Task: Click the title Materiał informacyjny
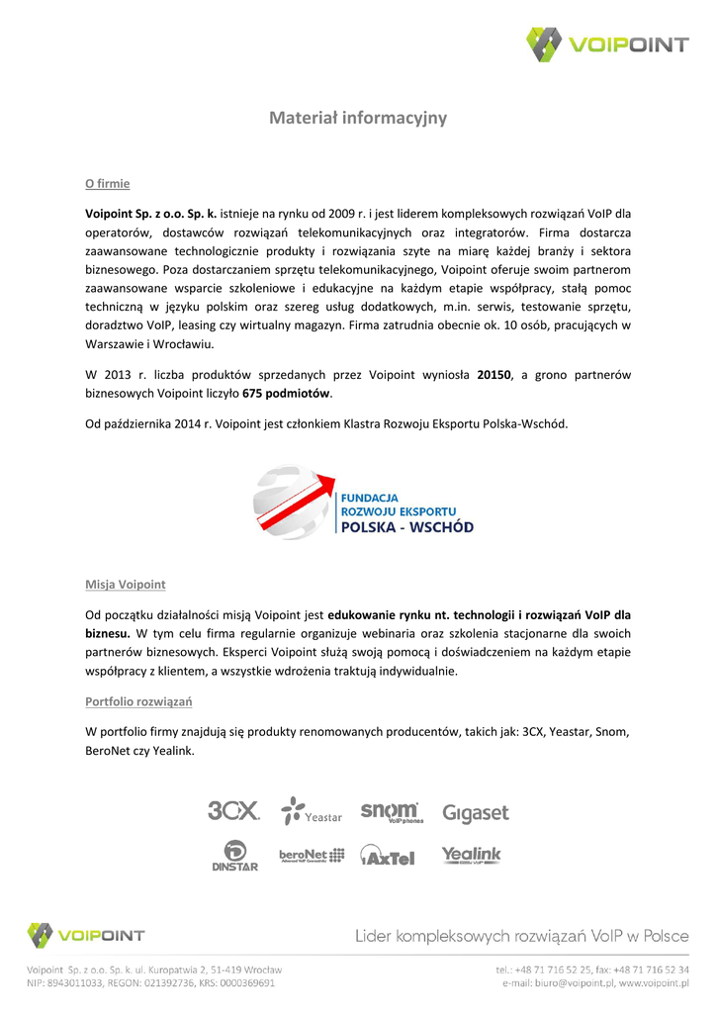(x=358, y=118)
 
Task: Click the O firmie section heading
(x=108, y=184)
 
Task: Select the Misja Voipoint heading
(x=126, y=585)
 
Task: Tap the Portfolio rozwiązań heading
(x=138, y=701)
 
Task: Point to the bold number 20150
(x=493, y=375)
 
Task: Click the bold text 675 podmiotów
(x=287, y=394)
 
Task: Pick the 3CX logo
(x=233, y=811)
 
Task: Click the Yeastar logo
(x=312, y=812)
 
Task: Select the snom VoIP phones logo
(x=391, y=811)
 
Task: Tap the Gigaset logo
(x=476, y=813)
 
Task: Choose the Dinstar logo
(x=234, y=856)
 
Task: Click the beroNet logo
(x=312, y=855)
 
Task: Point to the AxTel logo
(x=388, y=856)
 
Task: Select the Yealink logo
(x=472, y=855)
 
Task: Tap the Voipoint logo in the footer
(x=86, y=935)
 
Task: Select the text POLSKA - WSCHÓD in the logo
(x=406, y=527)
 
